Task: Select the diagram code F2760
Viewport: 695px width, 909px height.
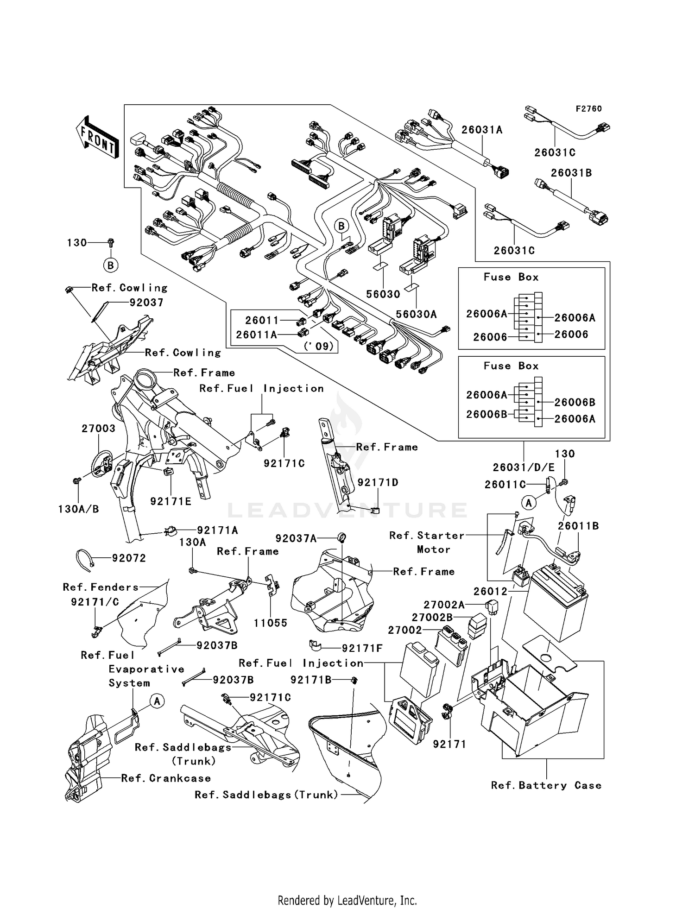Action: pyautogui.click(x=588, y=109)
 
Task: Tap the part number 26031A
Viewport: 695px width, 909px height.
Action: pyautogui.click(x=481, y=130)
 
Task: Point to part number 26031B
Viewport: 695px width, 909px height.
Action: pyautogui.click(x=571, y=173)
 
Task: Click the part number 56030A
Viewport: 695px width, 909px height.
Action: pyautogui.click(x=416, y=314)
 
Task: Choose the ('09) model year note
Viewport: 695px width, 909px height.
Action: pyautogui.click(x=318, y=346)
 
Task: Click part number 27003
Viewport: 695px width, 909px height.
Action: pyautogui.click(x=98, y=429)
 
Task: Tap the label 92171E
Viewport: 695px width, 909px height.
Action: pyautogui.click(x=171, y=501)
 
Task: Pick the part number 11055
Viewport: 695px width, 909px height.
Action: pyautogui.click(x=271, y=623)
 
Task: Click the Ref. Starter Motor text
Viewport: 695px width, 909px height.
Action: pyautogui.click(x=427, y=543)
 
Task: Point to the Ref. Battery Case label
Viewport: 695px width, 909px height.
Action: pyautogui.click(x=546, y=785)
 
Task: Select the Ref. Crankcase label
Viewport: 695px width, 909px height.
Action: pyautogui.click(x=166, y=778)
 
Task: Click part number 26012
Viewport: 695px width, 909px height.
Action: pyautogui.click(x=490, y=592)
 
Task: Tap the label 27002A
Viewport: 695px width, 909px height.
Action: pyautogui.click(x=444, y=605)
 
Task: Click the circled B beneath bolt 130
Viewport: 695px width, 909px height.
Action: pyautogui.click(x=110, y=265)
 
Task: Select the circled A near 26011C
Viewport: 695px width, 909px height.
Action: pyautogui.click(x=529, y=502)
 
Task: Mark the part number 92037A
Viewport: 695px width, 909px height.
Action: pyautogui.click(x=296, y=538)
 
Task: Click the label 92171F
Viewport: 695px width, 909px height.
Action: pyautogui.click(x=362, y=648)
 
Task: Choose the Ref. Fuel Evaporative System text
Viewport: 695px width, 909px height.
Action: pyautogui.click(x=133, y=669)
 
